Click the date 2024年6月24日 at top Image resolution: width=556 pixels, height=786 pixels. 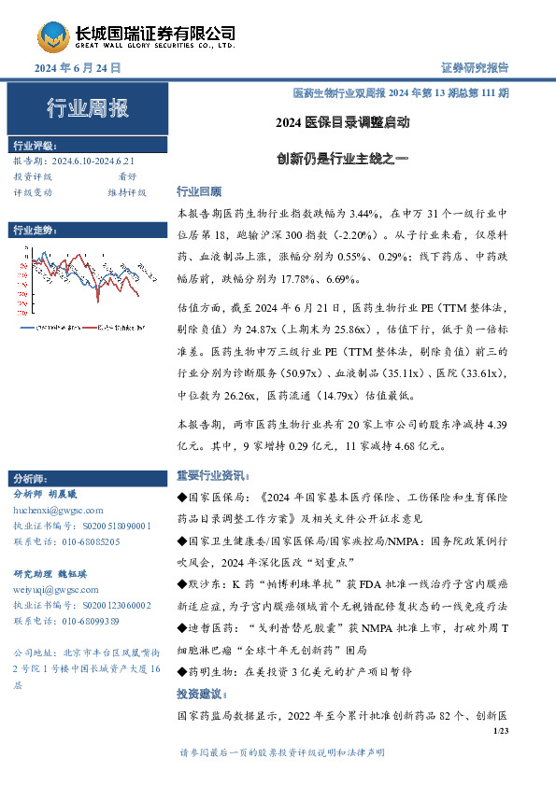click(x=78, y=69)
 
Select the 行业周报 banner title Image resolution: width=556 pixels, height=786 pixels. click(x=88, y=108)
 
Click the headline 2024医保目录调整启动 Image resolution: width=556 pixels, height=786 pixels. click(x=343, y=122)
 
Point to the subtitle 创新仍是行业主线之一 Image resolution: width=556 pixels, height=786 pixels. click(x=343, y=159)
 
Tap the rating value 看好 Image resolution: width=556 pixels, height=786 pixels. click(x=127, y=175)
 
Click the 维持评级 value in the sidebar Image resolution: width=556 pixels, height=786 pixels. click(x=126, y=191)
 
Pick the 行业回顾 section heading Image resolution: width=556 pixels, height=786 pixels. click(x=197, y=191)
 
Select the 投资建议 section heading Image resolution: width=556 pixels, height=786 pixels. click(x=203, y=694)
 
